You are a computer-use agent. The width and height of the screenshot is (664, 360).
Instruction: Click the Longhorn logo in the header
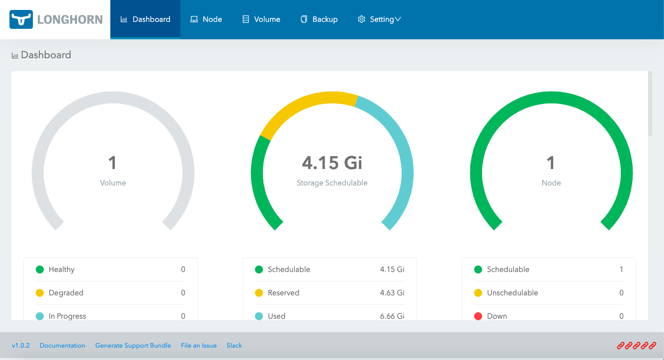(56, 19)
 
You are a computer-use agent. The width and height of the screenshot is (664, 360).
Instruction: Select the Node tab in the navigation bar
(206, 19)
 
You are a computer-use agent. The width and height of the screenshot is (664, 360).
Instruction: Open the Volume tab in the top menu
(261, 19)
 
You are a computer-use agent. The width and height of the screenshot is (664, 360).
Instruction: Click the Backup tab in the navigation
(319, 19)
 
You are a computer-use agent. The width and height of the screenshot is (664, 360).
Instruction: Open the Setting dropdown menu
(379, 19)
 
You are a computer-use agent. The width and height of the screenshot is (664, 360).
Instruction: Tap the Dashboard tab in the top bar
(145, 19)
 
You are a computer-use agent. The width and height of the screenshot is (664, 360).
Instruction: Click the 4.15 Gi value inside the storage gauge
(332, 163)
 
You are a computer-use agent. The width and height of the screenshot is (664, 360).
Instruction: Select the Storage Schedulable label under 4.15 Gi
(332, 183)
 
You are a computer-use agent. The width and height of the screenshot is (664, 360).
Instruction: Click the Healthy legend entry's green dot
(40, 270)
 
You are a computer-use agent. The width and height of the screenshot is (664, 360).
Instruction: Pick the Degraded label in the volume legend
(66, 293)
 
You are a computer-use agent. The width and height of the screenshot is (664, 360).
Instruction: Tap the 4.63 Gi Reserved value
(392, 293)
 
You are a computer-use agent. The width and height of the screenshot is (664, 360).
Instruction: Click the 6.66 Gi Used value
(392, 316)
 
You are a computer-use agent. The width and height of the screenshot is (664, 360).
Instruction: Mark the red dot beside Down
(478, 316)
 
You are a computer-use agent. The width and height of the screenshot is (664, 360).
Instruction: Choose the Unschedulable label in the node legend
(512, 293)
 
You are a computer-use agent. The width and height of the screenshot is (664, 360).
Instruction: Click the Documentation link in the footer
(63, 346)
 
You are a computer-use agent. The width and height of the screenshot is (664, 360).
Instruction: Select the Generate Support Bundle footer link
(133, 346)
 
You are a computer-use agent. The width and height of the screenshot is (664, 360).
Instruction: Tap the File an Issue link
(199, 346)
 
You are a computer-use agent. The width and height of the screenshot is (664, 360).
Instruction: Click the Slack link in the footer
(234, 346)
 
